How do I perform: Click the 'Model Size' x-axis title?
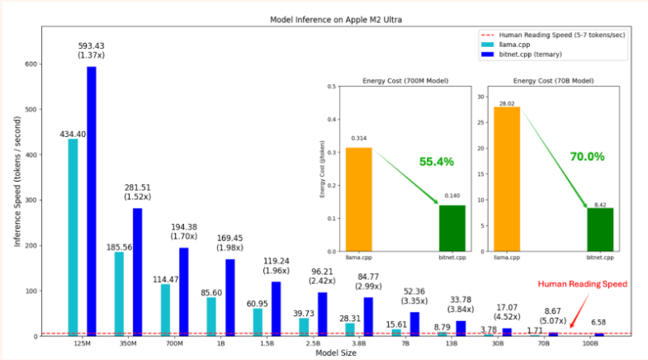pyautogui.click(x=333, y=353)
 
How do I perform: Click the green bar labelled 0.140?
pyautogui.click(x=452, y=228)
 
